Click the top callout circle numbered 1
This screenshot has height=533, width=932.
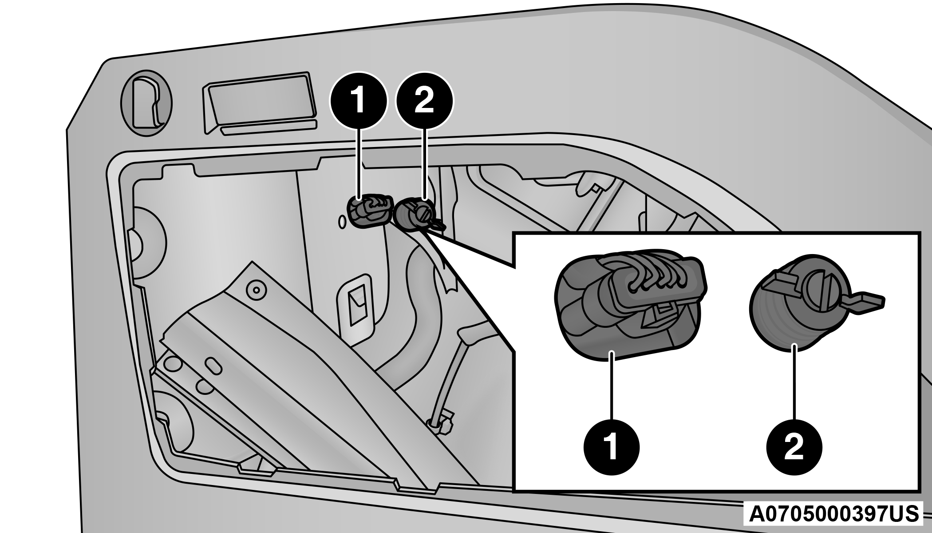[x=358, y=101]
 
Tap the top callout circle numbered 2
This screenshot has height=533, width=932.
[x=424, y=101]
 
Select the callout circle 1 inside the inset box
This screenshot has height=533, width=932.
[x=612, y=447]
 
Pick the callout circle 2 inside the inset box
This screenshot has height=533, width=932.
[x=794, y=447]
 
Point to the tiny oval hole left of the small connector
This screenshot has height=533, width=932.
[x=342, y=222]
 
